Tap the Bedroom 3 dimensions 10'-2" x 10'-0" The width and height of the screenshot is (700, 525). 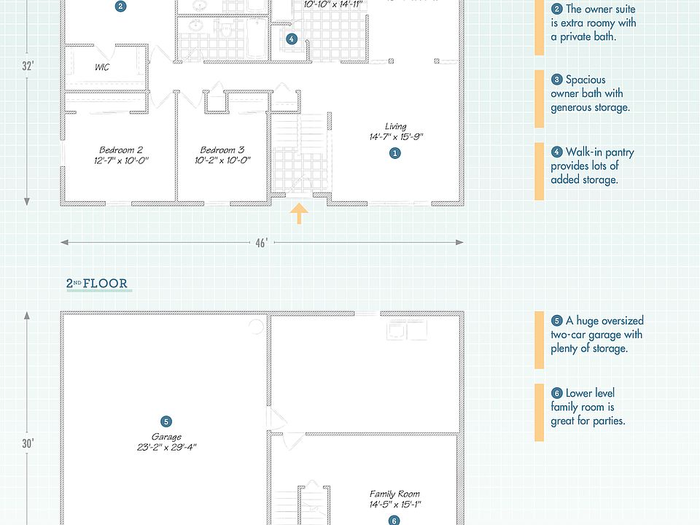point(222,160)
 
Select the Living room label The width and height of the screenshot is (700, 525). point(396,127)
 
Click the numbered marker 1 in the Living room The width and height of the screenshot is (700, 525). point(395,153)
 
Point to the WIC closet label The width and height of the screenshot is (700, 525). point(102,67)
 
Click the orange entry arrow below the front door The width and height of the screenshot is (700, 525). point(300,214)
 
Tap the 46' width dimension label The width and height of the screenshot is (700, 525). point(261,243)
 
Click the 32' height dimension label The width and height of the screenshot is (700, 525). point(28,66)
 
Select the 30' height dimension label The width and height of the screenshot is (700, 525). point(28,443)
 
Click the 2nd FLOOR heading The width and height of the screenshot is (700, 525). point(98,284)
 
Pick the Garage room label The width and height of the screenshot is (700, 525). point(166,437)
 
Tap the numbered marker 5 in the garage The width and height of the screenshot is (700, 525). point(166,421)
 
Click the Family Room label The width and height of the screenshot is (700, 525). point(394,494)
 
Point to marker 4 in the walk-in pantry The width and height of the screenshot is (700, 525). point(292,39)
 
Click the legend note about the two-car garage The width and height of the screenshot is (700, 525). point(596,335)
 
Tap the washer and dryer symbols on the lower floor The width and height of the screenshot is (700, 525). point(407,330)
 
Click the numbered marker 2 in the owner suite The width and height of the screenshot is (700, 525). point(121,7)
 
